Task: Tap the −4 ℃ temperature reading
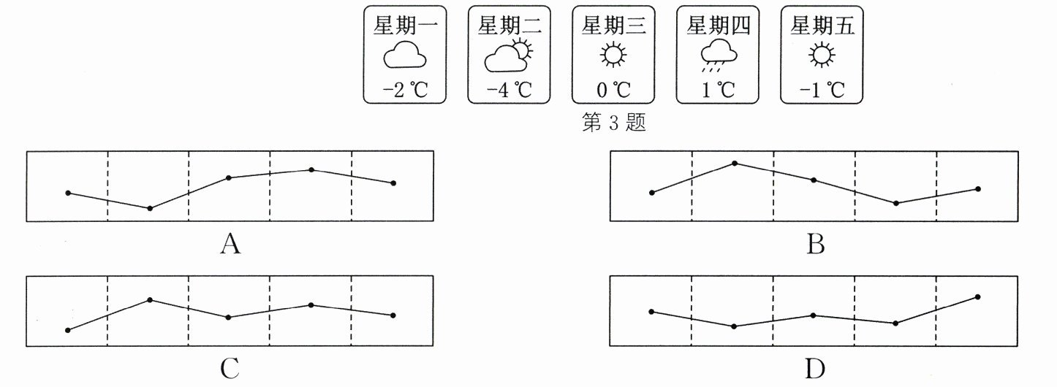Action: (x=509, y=91)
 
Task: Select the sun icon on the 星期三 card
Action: (x=613, y=56)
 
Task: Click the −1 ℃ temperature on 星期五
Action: (x=822, y=91)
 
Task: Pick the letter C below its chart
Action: (x=230, y=369)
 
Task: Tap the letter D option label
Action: (x=815, y=369)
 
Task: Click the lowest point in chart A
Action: (x=150, y=208)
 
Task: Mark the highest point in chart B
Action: (x=735, y=163)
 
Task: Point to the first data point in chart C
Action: (x=68, y=330)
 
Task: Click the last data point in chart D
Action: (x=977, y=296)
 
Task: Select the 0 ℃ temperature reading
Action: (x=613, y=91)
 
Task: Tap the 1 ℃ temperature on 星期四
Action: (x=717, y=91)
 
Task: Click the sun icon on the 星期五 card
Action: (x=822, y=56)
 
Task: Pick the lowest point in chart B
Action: (x=896, y=203)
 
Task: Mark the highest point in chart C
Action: (x=150, y=299)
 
